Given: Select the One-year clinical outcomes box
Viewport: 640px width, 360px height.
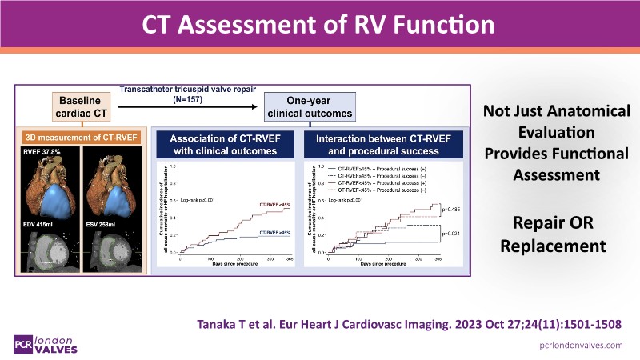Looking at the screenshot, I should [x=308, y=107].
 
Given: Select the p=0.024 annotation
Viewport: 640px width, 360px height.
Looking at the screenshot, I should [x=450, y=234].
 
